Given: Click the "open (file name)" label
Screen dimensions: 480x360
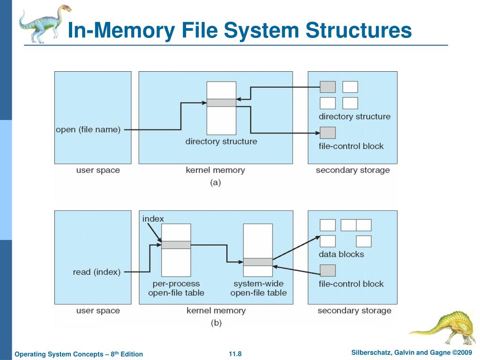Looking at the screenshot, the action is coord(88,130).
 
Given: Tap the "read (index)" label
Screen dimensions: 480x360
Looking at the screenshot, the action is coord(97,272).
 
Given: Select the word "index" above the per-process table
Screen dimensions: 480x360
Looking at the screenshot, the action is coord(153,219).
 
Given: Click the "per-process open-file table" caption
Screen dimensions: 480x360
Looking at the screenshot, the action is coord(176,288).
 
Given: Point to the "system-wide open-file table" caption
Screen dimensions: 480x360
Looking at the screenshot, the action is coord(258,288).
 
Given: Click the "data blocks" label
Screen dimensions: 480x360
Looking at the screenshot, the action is coord(341,255).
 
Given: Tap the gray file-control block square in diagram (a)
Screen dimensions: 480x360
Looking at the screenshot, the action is coord(328,133).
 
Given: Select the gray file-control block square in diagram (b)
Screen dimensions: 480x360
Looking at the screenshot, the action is coord(328,270).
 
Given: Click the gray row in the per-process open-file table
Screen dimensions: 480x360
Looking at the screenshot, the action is coord(176,245).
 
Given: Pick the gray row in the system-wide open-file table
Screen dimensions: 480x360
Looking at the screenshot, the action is coord(258,262).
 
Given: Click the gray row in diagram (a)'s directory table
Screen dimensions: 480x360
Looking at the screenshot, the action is coord(221,103).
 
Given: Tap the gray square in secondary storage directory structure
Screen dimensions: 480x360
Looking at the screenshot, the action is coord(328,87).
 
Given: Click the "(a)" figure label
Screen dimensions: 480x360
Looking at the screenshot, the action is coord(216,183).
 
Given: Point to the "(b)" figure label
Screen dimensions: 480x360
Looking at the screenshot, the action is coord(216,323).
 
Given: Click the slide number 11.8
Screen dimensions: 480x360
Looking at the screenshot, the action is coord(235,354).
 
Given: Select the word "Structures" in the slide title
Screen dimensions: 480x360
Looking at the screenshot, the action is coord(359,30).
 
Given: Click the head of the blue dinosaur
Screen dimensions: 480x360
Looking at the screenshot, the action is coord(64,8).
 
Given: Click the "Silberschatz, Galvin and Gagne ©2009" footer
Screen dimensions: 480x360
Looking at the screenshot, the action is coord(412,352).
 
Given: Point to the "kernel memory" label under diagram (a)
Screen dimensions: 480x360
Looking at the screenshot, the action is coord(216,170).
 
